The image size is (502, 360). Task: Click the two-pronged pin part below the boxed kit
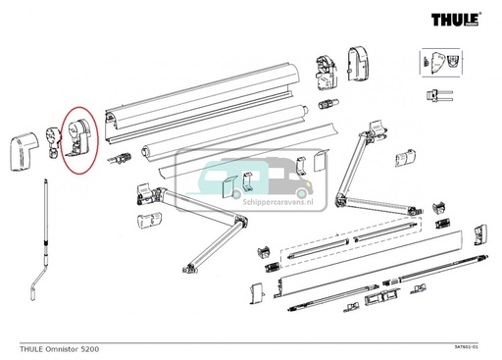point(440,95)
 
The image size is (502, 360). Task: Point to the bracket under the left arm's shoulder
point(150,217)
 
